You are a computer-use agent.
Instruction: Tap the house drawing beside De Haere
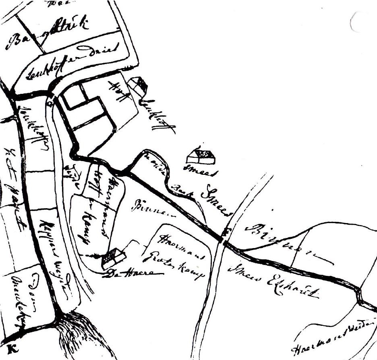[113, 257]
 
